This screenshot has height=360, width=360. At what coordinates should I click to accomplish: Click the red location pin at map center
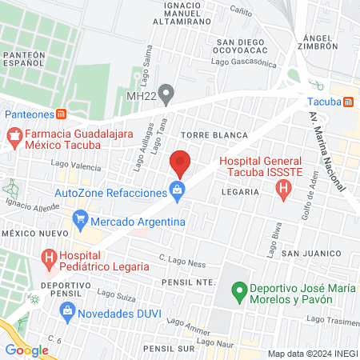click(x=180, y=163)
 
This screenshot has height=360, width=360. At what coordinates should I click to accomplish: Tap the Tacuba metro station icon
click(x=348, y=102)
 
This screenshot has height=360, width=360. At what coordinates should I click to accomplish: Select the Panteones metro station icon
click(x=62, y=114)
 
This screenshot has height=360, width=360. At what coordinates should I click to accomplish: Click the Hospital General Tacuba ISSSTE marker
click(x=282, y=190)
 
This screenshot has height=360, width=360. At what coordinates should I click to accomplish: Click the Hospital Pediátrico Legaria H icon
click(x=50, y=258)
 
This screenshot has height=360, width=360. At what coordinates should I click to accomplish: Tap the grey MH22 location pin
click(x=166, y=95)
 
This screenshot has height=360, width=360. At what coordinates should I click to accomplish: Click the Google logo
click(x=27, y=350)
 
